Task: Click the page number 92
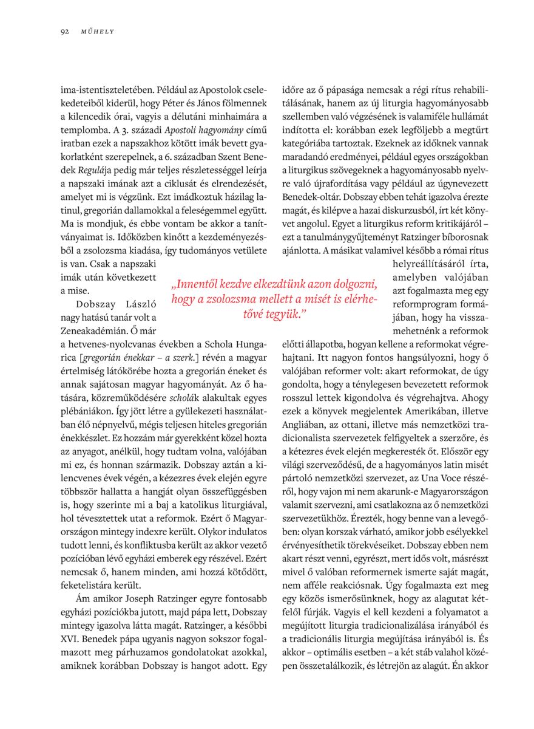64,31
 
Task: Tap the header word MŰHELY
97,31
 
